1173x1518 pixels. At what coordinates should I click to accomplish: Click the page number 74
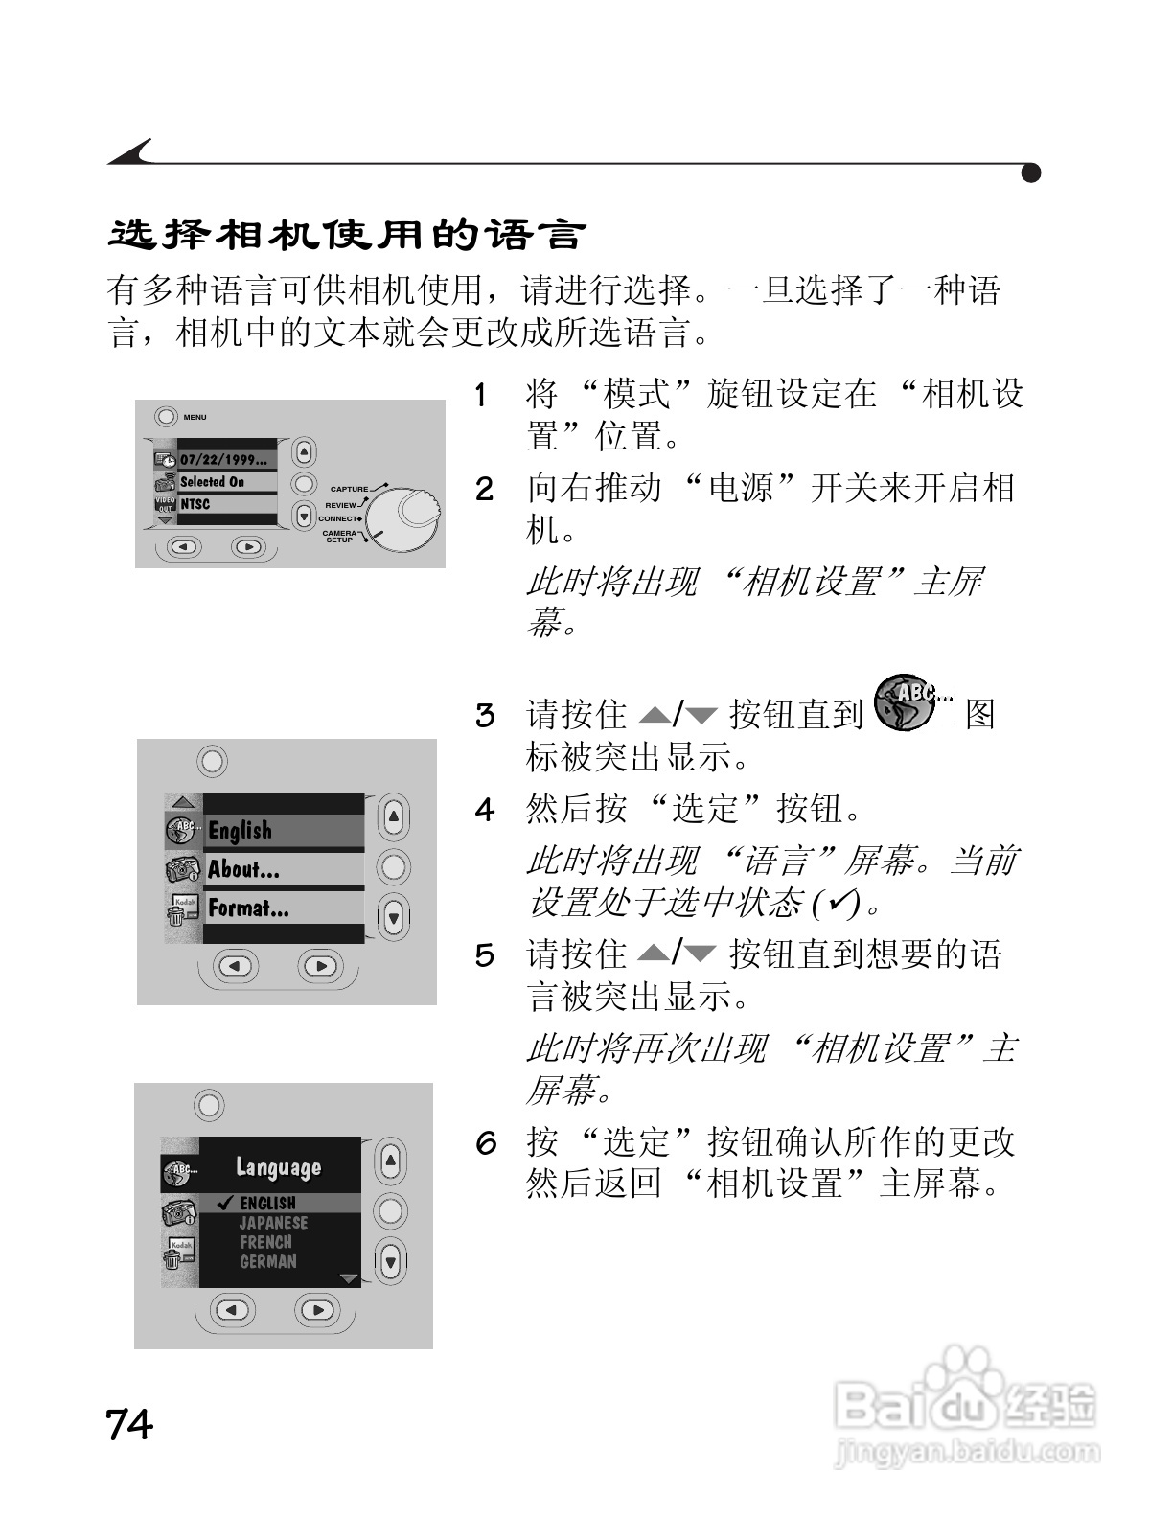[129, 1425]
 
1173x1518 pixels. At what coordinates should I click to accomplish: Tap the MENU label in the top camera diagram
[195, 417]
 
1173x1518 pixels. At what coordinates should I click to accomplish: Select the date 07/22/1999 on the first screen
[222, 460]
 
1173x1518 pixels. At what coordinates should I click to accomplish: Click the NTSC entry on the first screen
[195, 504]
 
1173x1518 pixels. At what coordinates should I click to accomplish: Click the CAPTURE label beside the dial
[349, 489]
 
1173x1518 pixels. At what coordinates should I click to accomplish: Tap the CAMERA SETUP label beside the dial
[339, 537]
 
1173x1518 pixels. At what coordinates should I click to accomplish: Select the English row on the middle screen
[240, 831]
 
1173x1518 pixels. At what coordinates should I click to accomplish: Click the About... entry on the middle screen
[243, 870]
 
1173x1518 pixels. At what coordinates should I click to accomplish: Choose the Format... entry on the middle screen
[248, 908]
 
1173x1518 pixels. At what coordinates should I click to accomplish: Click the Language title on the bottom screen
[278, 1167]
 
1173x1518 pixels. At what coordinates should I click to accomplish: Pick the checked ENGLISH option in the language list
[266, 1203]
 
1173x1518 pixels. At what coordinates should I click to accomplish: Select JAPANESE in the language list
[273, 1223]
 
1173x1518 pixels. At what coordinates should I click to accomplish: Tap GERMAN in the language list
[267, 1262]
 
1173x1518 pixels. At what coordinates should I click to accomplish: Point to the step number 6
[487, 1142]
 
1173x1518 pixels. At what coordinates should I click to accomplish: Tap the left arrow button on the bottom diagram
[235, 1309]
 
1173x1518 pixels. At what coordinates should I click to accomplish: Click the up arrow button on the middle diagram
[393, 817]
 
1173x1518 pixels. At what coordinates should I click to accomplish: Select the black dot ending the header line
[1031, 173]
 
